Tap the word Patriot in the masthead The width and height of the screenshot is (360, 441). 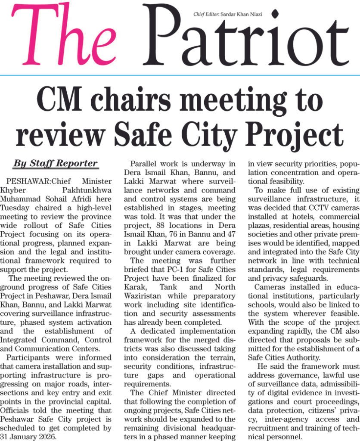(x=245, y=39)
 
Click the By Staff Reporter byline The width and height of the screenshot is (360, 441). (x=55, y=164)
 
